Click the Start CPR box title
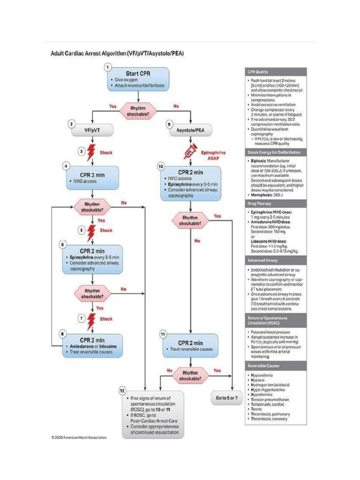tap(138, 73)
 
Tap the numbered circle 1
tap(108, 67)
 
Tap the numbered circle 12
tap(123, 390)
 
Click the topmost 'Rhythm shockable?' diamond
tap(139, 111)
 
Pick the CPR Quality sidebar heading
tap(257, 72)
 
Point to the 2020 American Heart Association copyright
tap(79, 438)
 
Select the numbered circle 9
tap(170, 124)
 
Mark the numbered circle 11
tap(163, 334)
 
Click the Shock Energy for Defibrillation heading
tap(274, 152)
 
